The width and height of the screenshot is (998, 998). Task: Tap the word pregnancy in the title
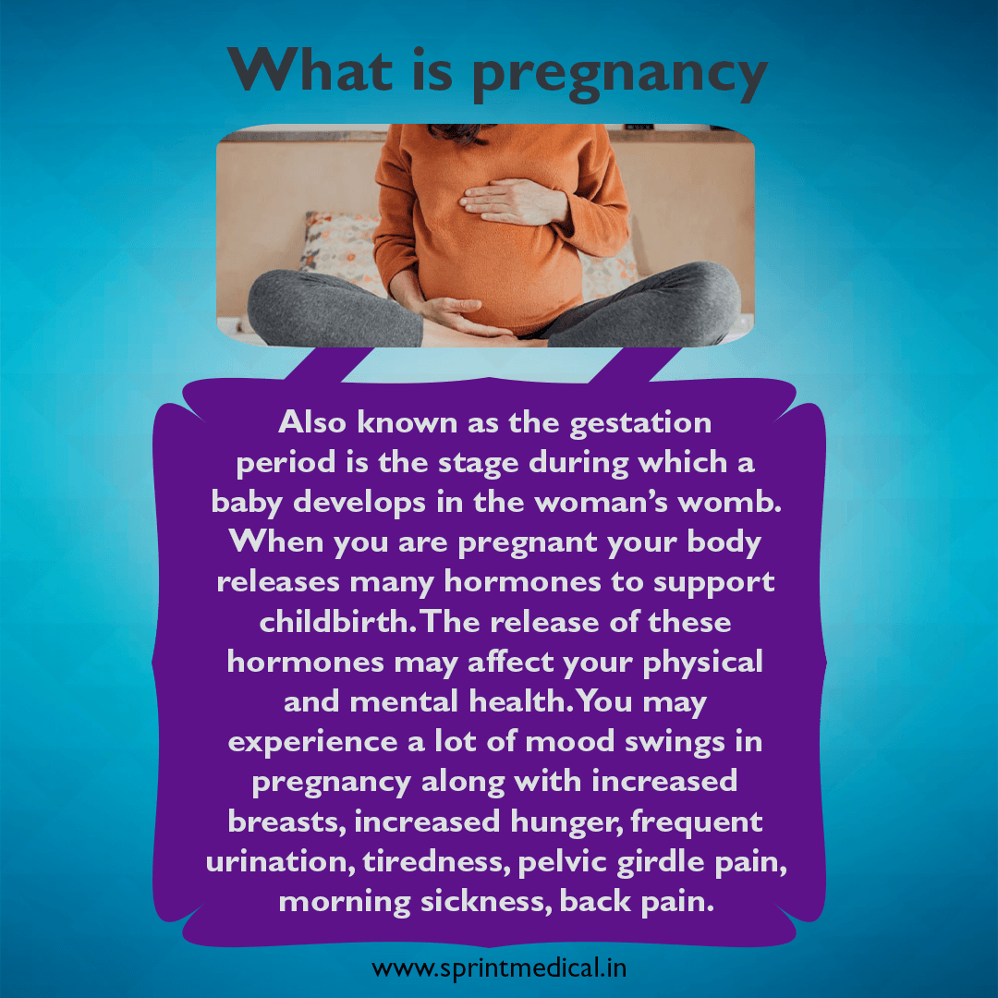click(619, 75)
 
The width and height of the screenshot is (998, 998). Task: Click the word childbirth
click(337, 621)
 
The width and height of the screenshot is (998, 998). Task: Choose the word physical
click(702, 663)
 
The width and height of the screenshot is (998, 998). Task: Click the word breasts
click(287, 822)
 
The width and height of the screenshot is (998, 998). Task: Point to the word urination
click(280, 861)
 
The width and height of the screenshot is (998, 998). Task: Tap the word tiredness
click(437, 861)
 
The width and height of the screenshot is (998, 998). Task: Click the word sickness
click(486, 901)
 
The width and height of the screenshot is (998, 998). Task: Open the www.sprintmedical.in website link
click(499, 968)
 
